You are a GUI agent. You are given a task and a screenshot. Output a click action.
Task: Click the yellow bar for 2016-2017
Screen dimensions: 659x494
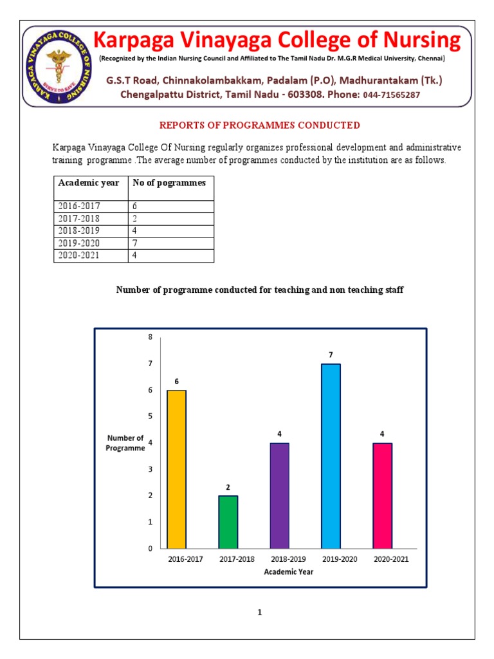coord(176,469)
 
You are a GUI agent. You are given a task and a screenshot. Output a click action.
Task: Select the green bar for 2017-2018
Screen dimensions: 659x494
coord(228,521)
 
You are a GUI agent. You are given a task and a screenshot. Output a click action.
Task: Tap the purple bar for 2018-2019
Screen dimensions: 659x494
coord(279,496)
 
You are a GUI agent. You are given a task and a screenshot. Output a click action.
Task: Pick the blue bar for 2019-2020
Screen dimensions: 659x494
coord(331,456)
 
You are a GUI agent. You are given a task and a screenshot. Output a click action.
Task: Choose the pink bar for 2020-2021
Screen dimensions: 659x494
coord(382,496)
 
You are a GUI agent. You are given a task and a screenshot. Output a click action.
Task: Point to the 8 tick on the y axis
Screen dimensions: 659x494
coord(151,337)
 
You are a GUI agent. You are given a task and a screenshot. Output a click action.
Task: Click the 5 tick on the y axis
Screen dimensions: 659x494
coord(151,416)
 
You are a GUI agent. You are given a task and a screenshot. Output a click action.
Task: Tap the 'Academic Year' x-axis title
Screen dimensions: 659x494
coord(289,571)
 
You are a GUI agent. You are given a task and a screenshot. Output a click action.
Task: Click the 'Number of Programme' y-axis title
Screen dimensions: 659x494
coord(125,443)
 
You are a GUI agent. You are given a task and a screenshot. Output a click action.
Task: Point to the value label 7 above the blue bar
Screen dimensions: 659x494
coord(331,355)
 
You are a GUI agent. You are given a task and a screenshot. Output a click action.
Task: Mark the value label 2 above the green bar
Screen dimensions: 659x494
coord(228,487)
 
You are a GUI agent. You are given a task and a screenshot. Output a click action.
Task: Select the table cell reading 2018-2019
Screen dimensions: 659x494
coord(79,231)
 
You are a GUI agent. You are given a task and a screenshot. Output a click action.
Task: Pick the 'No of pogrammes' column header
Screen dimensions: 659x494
coord(169,183)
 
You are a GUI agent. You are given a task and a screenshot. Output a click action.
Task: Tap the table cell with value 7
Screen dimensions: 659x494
coord(135,243)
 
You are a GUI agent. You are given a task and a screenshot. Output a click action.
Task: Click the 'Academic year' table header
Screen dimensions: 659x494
coord(89,183)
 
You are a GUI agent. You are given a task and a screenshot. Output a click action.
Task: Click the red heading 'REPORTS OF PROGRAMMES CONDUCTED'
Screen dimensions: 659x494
coord(260,125)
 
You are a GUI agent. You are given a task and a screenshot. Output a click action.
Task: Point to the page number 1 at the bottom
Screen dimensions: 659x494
coord(260,613)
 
